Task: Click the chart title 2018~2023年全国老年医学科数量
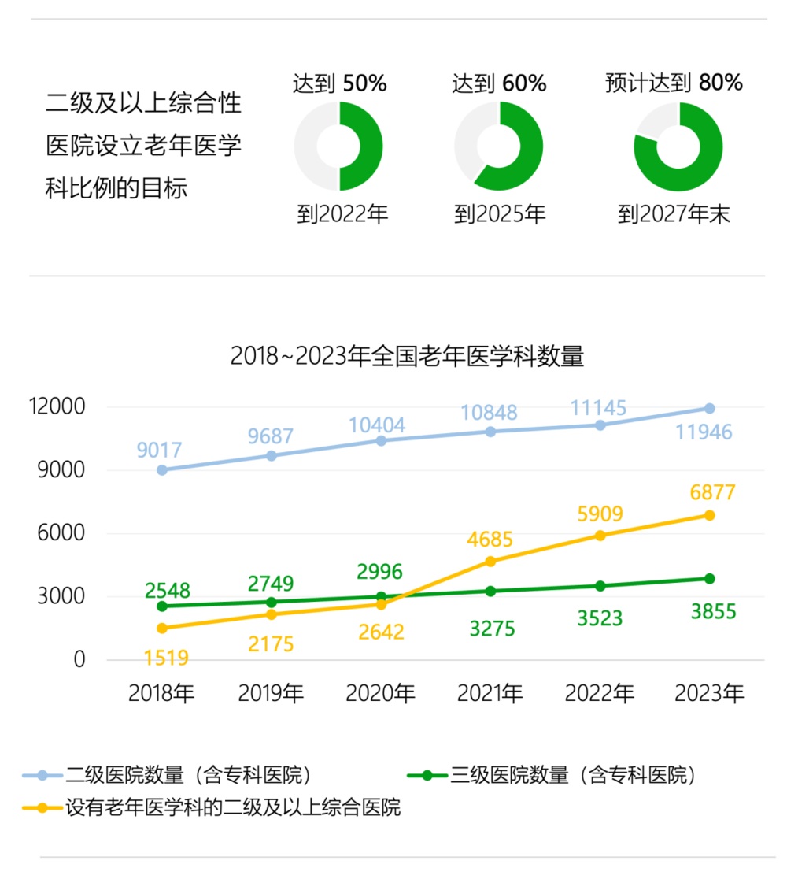pyautogui.click(x=407, y=356)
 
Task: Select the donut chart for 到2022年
pyautogui.click(x=338, y=146)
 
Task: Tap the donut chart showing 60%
pyautogui.click(x=499, y=146)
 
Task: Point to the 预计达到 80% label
pyautogui.click(x=674, y=83)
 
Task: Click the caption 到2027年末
pyautogui.click(x=674, y=214)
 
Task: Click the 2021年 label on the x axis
pyautogui.click(x=490, y=693)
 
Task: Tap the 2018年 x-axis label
pyautogui.click(x=161, y=693)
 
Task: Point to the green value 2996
pyautogui.click(x=379, y=572)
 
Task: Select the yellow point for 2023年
pyautogui.click(x=709, y=515)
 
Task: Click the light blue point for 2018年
pyautogui.click(x=161, y=470)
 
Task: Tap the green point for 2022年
pyautogui.click(x=600, y=586)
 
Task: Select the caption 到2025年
pyautogui.click(x=500, y=214)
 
